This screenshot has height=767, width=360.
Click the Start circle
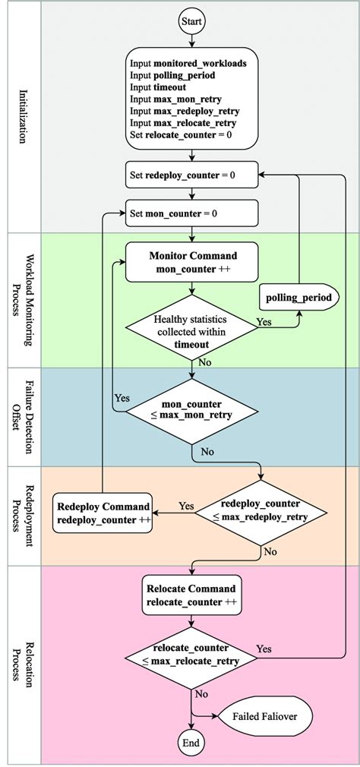pyautogui.click(x=191, y=23)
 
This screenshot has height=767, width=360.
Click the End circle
pyautogui.click(x=191, y=741)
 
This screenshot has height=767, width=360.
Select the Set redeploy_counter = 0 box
pyautogui.click(x=191, y=175)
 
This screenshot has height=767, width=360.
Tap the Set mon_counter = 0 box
pyautogui.click(x=191, y=213)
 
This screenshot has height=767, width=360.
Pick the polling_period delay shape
pyautogui.click(x=297, y=297)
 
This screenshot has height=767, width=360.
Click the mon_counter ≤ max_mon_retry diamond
pyautogui.click(x=191, y=413)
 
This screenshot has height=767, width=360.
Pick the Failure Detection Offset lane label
pyautogui.click(x=26, y=417)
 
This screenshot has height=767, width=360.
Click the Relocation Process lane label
pyautogui.click(x=26, y=664)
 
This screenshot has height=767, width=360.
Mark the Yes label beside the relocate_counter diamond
pyautogui.click(x=264, y=649)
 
